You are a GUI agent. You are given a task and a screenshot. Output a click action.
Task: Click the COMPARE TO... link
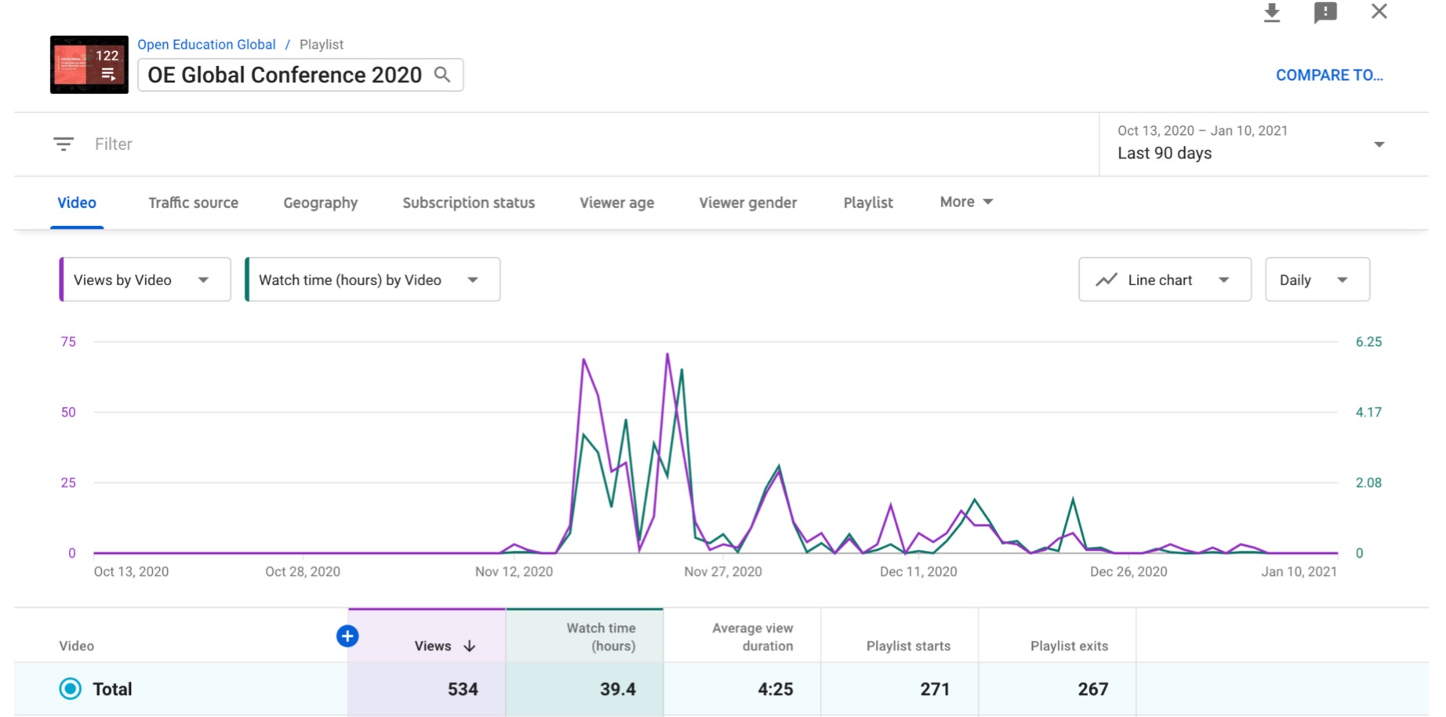pyautogui.click(x=1328, y=75)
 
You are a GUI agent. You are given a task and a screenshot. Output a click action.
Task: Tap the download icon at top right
pyautogui.click(x=1271, y=13)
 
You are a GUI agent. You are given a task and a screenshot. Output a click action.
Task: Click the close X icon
pyautogui.click(x=1379, y=12)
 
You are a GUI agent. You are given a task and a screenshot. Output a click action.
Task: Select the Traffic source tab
pyautogui.click(x=193, y=202)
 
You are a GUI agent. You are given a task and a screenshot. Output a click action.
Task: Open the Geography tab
pyautogui.click(x=320, y=202)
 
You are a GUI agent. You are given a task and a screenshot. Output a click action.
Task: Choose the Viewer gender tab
pyautogui.click(x=747, y=202)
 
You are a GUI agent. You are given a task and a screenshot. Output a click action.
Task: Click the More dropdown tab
pyautogui.click(x=965, y=202)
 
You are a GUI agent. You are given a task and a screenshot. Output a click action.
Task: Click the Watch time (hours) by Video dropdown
pyautogui.click(x=372, y=280)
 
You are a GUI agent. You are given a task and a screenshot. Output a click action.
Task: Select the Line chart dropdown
pyautogui.click(x=1164, y=280)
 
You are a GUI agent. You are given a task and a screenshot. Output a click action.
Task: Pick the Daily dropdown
pyautogui.click(x=1317, y=280)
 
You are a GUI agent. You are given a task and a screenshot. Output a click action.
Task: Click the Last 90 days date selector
pyautogui.click(x=1250, y=144)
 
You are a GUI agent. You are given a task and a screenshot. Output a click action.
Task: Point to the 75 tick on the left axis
pyautogui.click(x=69, y=342)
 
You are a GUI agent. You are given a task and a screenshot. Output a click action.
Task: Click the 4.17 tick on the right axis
pyautogui.click(x=1368, y=412)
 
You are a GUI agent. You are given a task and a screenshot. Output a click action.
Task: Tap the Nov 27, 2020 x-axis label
pyautogui.click(x=722, y=572)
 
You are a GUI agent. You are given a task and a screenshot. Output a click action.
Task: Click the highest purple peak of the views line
pyautogui.click(x=667, y=355)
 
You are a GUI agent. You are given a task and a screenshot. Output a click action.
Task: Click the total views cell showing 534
pyautogui.click(x=462, y=689)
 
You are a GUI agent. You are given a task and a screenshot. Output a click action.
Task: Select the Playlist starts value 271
pyautogui.click(x=934, y=689)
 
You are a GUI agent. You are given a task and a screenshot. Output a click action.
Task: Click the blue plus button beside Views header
pyautogui.click(x=347, y=636)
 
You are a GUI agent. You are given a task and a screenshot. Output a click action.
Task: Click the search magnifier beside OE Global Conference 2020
pyautogui.click(x=442, y=75)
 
